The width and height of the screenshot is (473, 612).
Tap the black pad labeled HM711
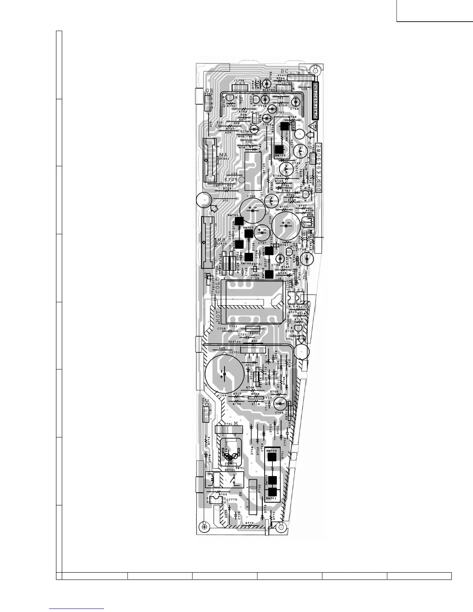[x=273, y=492]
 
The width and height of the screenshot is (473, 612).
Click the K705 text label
[x=231, y=180]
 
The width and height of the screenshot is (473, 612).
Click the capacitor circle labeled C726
[x=252, y=210]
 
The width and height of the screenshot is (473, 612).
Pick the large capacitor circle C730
[x=286, y=224]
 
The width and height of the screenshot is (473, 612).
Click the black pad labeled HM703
[x=239, y=221]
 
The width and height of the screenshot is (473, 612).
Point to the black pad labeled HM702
[x=279, y=150]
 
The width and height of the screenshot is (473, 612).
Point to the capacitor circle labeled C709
[x=279, y=404]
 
